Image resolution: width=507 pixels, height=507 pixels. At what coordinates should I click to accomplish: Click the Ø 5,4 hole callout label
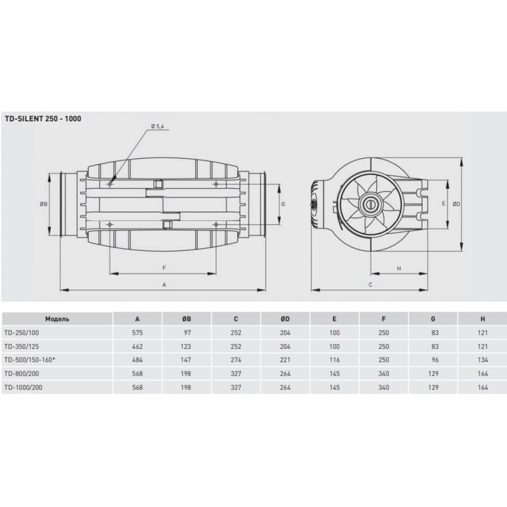(157, 126)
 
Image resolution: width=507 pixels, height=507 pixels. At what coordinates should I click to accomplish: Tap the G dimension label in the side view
(283, 204)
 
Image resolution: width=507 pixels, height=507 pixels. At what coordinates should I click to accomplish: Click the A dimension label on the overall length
(164, 285)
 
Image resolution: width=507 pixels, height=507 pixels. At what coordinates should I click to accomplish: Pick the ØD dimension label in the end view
(456, 204)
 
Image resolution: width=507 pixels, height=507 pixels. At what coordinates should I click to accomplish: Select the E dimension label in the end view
(443, 204)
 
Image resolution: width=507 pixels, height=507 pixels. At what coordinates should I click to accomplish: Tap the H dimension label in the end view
(399, 269)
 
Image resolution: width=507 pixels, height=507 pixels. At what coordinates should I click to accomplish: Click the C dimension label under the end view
(371, 285)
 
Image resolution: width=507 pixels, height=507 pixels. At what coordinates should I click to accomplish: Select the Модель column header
(57, 319)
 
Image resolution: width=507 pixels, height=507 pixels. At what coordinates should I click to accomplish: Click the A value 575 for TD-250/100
(138, 333)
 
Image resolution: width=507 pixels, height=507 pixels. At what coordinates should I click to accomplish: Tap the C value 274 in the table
(236, 360)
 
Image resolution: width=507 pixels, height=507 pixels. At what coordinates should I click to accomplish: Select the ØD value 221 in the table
(285, 360)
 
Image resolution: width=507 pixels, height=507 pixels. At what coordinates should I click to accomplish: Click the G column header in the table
(433, 319)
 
